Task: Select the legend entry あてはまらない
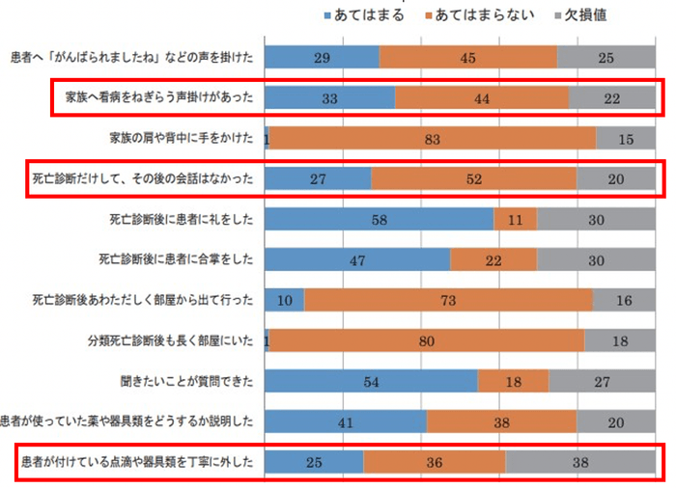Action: coord(480,14)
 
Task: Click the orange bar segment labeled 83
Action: coord(432,139)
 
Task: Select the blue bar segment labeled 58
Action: coord(379,220)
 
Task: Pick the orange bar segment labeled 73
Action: coord(448,301)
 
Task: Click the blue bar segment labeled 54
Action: coord(371,382)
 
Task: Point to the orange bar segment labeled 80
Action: coord(426,341)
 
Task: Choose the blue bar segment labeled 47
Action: coord(357,260)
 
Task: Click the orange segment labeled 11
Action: coord(515,220)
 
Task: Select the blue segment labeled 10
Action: coord(284,301)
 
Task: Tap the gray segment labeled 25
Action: coord(606,58)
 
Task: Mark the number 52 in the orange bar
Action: coord(473,179)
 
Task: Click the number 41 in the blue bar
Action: coord(345,422)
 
